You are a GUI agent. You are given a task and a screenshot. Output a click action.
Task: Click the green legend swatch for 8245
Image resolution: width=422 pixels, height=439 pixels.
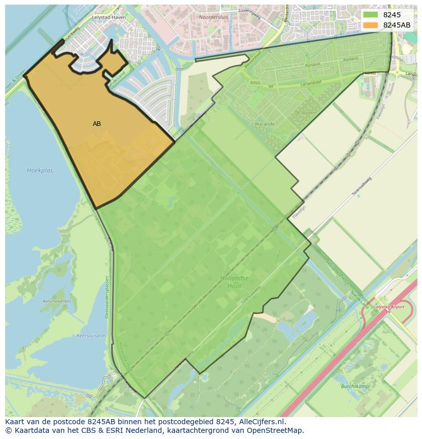point(370,15)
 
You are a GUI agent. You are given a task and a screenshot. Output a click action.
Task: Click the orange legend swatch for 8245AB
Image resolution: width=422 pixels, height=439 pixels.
point(370,25)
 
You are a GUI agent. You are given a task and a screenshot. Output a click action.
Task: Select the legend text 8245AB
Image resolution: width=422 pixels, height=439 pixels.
point(397,25)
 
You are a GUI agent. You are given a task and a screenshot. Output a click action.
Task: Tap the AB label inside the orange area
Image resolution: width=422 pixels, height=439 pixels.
point(97,124)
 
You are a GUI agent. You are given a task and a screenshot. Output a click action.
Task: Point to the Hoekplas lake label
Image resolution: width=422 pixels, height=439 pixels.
point(40,170)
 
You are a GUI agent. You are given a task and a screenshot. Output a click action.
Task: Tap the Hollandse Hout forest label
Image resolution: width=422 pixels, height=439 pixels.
point(234,282)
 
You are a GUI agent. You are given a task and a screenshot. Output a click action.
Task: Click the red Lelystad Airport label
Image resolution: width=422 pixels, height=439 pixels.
point(389,307)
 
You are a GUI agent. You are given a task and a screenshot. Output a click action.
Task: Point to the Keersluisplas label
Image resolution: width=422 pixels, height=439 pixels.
point(91,336)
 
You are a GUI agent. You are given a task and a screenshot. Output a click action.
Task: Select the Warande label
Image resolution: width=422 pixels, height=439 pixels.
point(265,124)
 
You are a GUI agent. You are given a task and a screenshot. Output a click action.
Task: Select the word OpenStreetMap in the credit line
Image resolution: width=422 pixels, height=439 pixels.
point(278,430)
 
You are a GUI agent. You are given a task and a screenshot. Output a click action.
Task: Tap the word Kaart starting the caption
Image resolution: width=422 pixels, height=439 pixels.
point(15,422)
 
